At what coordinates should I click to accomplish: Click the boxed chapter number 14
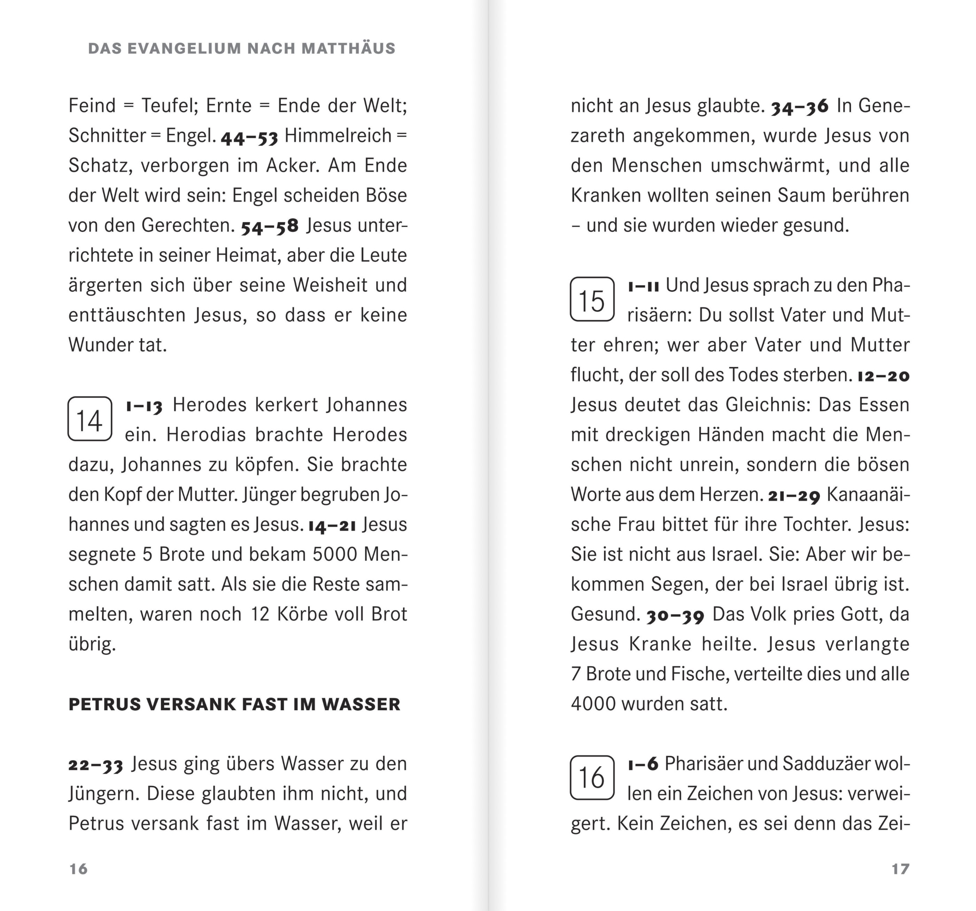(x=90, y=419)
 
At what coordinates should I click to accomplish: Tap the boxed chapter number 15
(x=592, y=300)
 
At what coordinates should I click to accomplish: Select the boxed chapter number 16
(x=592, y=778)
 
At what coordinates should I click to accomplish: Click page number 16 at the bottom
(x=79, y=869)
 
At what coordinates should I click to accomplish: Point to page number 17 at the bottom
(x=900, y=869)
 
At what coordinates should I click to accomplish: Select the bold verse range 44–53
(x=249, y=137)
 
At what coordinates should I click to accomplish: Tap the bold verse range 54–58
(x=270, y=227)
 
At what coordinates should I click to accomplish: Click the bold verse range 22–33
(x=96, y=765)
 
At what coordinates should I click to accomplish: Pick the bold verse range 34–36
(x=800, y=107)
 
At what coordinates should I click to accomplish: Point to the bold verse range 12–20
(x=883, y=376)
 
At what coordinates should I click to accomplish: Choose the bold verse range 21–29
(x=794, y=496)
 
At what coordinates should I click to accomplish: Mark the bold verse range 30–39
(x=675, y=615)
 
